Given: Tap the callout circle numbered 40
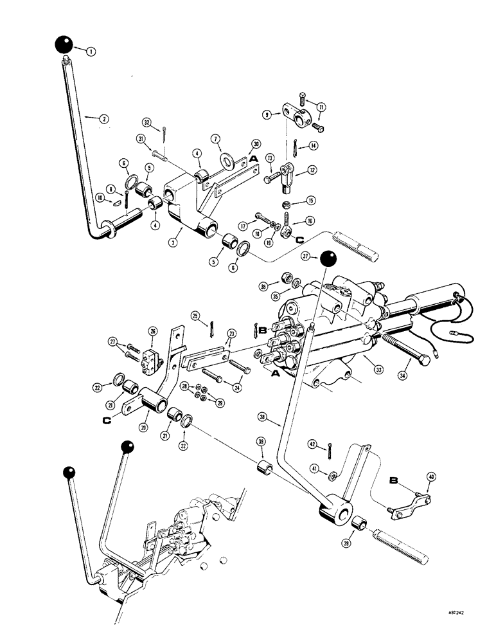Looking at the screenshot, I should coord(430,476).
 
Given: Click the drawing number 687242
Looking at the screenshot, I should coord(459,622).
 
